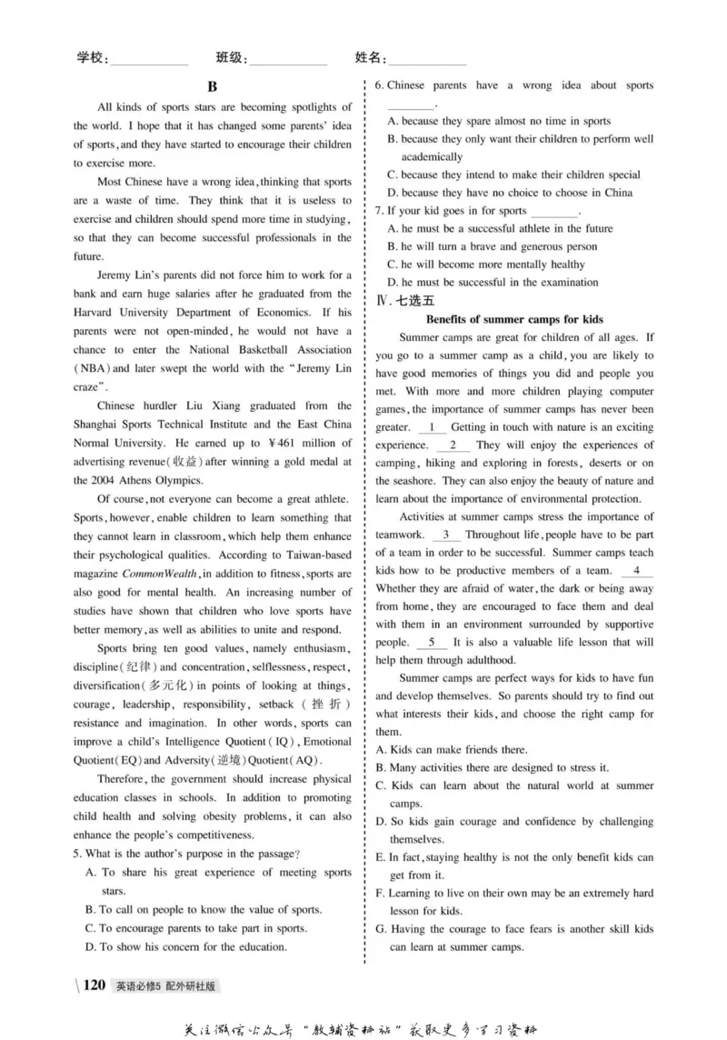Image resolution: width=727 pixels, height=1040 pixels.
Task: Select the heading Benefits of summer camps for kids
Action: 513,319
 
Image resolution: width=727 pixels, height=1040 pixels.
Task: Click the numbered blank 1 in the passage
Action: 432,427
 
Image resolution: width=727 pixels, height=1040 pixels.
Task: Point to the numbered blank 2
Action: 453,445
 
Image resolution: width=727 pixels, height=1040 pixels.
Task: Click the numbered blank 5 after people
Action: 432,643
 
